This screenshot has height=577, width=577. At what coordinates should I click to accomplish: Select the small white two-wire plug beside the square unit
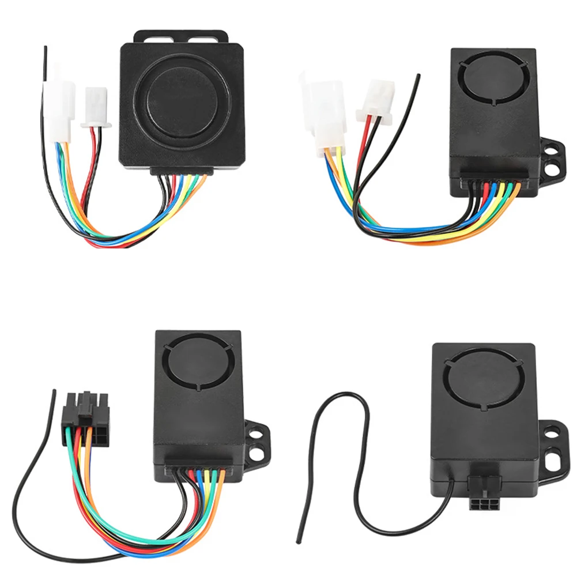93,107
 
